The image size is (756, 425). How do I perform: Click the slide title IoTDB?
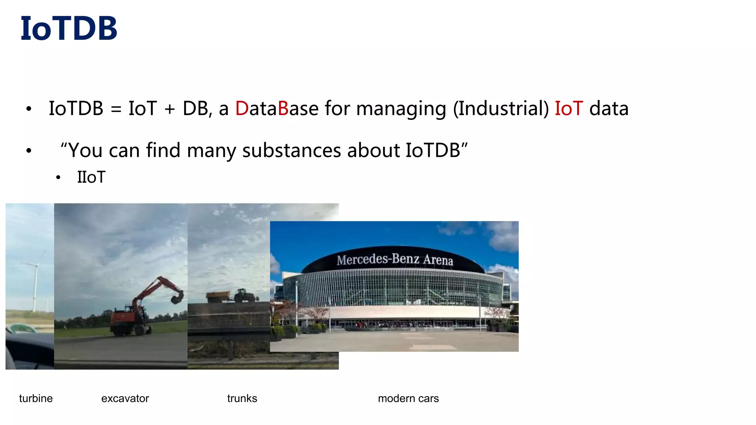click(x=69, y=29)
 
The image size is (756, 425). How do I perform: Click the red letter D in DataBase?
click(x=242, y=108)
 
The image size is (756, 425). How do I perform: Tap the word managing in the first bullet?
click(x=401, y=109)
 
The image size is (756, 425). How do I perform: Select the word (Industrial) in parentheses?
click(x=501, y=108)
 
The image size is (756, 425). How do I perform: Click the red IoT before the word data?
click(x=568, y=108)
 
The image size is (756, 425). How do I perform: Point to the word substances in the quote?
click(x=292, y=151)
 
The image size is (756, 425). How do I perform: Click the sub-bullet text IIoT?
click(x=91, y=177)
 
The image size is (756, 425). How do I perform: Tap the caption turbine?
click(x=36, y=398)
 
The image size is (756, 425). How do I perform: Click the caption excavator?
click(x=125, y=398)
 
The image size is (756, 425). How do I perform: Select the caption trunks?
click(x=242, y=398)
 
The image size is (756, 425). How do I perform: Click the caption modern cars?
click(x=408, y=398)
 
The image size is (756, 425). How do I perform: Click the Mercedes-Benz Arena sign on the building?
click(x=394, y=259)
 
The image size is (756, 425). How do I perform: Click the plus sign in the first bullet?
click(x=169, y=109)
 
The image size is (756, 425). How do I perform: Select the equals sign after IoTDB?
click(x=116, y=109)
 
